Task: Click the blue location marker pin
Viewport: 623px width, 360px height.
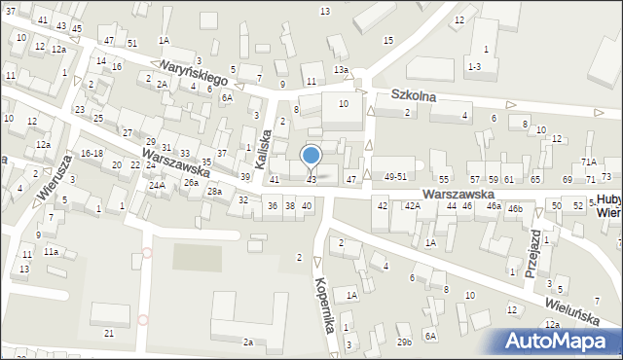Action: [x=311, y=156]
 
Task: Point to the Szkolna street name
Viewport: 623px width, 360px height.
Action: [x=413, y=96]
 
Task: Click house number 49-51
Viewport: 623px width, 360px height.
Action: [x=395, y=177]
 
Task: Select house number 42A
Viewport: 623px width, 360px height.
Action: [x=413, y=206]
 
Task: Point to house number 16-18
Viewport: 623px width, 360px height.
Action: [x=92, y=154]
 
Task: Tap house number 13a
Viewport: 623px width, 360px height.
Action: [x=341, y=70]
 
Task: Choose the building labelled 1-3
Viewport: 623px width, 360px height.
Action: [x=474, y=66]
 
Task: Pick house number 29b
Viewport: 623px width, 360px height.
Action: [x=404, y=342]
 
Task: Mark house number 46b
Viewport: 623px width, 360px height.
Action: [x=514, y=208]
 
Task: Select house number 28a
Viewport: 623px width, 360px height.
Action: [x=214, y=192]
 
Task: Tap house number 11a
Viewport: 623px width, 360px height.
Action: [x=50, y=252]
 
